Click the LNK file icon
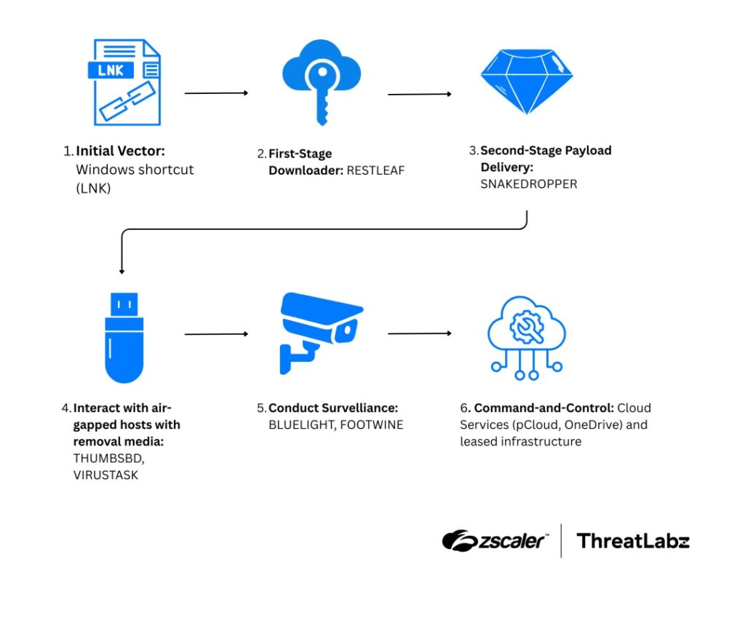[x=127, y=82]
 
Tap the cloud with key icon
[x=321, y=80]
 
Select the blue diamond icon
[x=526, y=79]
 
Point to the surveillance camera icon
[x=320, y=331]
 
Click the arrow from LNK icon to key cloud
[x=216, y=93]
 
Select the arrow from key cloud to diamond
[x=420, y=94]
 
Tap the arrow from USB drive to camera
[x=216, y=334]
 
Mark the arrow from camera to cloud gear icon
[x=420, y=333]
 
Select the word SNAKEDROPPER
[x=528, y=184]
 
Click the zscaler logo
[x=495, y=540]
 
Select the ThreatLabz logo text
[x=632, y=541]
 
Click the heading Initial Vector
[x=121, y=151]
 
